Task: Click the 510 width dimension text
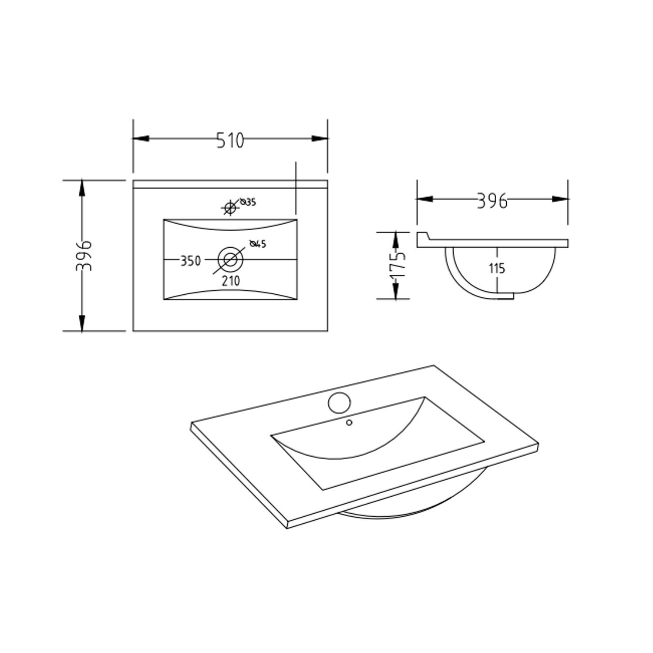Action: pyautogui.click(x=230, y=140)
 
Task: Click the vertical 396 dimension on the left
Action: pyautogui.click(x=84, y=256)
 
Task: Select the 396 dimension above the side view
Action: pyautogui.click(x=492, y=201)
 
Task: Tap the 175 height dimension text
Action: pyautogui.click(x=397, y=265)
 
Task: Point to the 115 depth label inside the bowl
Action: pyautogui.click(x=497, y=269)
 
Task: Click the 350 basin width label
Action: pyautogui.click(x=191, y=261)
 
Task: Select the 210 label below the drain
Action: pyautogui.click(x=231, y=281)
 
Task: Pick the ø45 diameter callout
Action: pyautogui.click(x=258, y=244)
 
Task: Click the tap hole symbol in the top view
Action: pyautogui.click(x=229, y=208)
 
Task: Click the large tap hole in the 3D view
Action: pyautogui.click(x=339, y=403)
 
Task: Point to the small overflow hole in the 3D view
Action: pyautogui.click(x=349, y=422)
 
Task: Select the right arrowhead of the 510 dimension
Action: pyautogui.click(x=320, y=138)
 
